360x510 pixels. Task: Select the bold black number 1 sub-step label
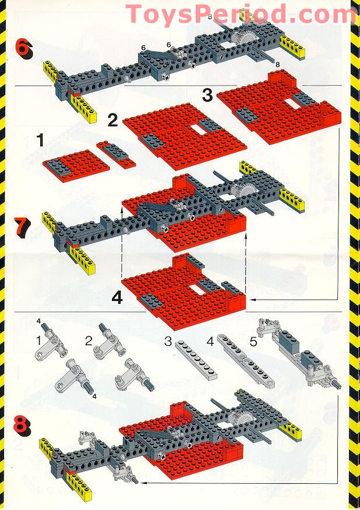point(40,140)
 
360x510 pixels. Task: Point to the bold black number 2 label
point(112,121)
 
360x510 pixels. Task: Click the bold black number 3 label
point(207,95)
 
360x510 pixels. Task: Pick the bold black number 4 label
point(117,297)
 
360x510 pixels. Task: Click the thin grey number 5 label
point(253,342)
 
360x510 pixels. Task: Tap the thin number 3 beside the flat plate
point(168,341)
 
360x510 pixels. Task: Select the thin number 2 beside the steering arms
point(89,341)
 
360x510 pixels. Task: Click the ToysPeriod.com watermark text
point(241,15)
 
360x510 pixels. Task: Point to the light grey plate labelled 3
point(196,360)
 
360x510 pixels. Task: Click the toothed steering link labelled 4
point(246,361)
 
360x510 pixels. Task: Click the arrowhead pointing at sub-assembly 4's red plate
point(253,300)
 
